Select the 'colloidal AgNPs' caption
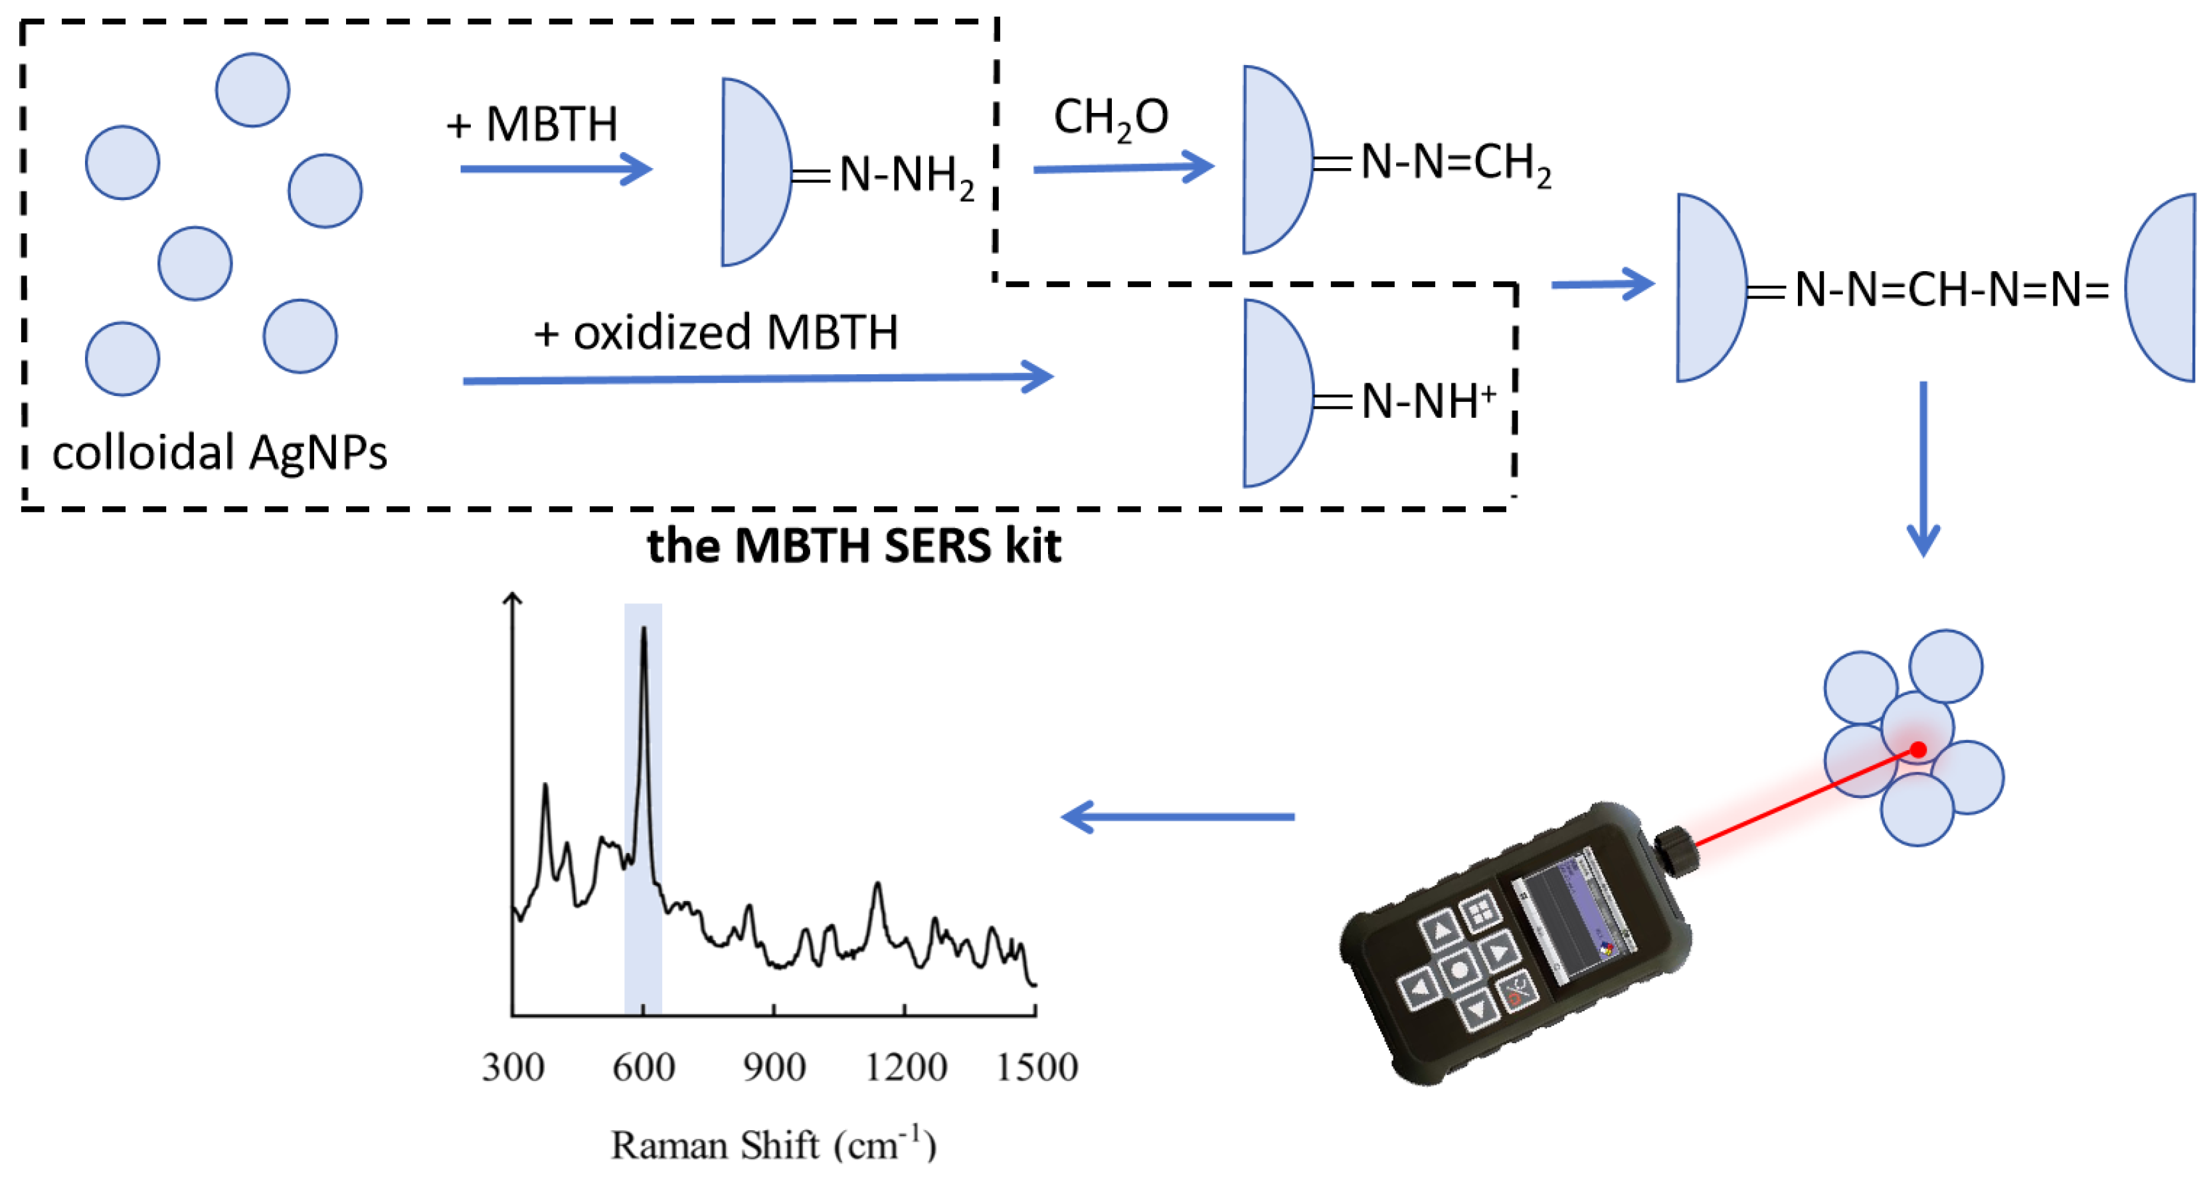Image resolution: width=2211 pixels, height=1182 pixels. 219,452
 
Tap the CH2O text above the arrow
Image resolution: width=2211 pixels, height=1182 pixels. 1110,118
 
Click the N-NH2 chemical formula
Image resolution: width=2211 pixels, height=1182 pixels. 905,176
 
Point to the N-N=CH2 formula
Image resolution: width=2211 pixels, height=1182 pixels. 1455,163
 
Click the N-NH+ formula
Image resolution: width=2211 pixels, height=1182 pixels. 1427,401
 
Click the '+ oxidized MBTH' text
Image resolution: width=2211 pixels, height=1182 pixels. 716,332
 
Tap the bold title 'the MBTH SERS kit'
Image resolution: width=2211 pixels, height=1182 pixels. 853,546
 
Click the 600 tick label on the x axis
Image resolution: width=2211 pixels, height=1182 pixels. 643,1067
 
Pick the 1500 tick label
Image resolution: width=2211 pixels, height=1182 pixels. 1036,1067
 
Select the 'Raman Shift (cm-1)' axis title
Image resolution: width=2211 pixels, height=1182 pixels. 772,1145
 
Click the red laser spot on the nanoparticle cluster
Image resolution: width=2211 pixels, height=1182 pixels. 1918,749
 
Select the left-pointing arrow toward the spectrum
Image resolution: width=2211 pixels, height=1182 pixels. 1178,817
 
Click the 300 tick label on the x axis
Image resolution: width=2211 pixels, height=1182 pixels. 513,1067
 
